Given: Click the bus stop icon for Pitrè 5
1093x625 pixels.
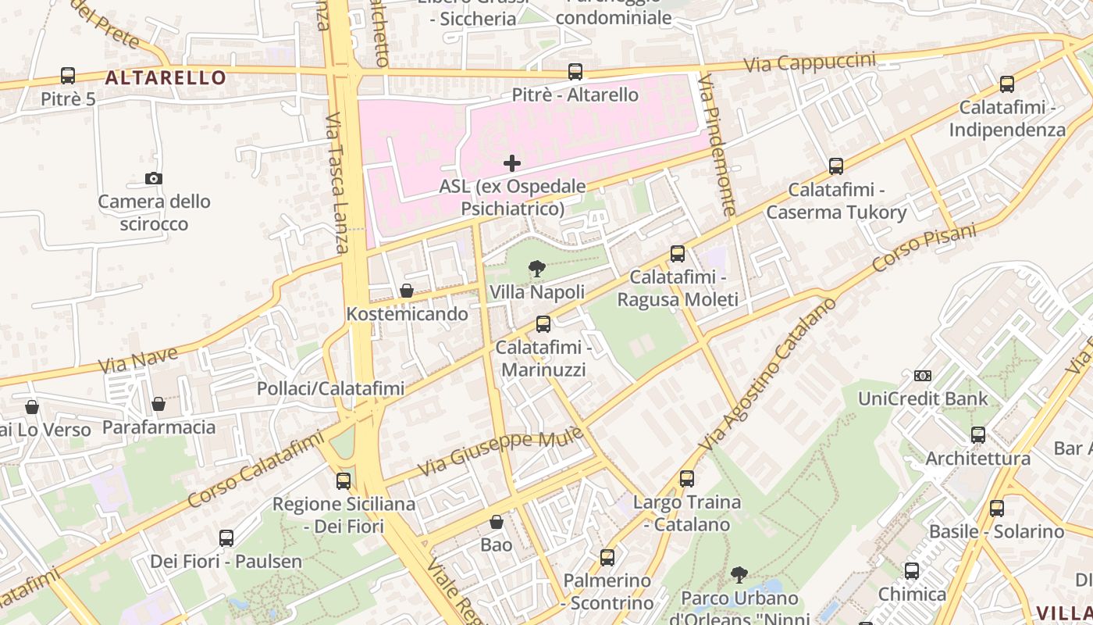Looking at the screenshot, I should click(68, 76).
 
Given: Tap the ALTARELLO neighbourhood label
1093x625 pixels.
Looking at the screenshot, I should click(166, 77).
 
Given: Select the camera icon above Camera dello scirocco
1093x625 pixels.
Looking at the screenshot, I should click(154, 178).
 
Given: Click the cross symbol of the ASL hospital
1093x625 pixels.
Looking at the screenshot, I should click(512, 163).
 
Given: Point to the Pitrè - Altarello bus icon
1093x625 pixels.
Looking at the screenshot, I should click(575, 72).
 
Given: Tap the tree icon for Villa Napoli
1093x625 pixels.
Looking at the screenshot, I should click(536, 270).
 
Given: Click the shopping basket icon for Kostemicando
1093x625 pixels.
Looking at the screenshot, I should click(407, 291).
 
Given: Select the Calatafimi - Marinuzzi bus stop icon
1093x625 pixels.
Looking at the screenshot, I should click(543, 323).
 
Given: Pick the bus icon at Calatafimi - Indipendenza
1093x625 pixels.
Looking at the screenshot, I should click(1007, 84).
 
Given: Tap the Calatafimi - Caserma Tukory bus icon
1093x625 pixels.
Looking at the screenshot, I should click(836, 166).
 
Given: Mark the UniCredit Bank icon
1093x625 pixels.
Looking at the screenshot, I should click(923, 376).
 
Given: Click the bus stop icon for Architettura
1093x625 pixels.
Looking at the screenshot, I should click(978, 435).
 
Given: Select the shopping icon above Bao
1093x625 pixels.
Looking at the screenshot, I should click(497, 522).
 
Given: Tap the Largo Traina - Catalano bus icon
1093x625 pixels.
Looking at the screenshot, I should click(687, 479).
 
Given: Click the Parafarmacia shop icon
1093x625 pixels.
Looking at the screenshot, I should click(158, 404).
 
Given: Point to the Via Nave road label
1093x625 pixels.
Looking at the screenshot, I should click(138, 360).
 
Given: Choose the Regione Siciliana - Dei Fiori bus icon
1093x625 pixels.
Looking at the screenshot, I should click(344, 481).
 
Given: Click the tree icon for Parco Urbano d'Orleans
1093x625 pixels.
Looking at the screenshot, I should click(739, 575).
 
